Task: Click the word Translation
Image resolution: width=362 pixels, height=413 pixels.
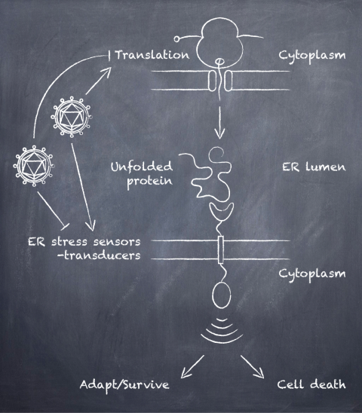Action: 152,55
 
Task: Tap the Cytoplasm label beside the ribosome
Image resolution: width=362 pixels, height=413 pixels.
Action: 312,56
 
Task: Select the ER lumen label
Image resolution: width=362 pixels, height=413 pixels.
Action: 314,167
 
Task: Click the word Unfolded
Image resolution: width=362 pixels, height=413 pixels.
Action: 142,167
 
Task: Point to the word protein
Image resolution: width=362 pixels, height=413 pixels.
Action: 149,182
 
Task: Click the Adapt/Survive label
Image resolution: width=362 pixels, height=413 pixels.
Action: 124,385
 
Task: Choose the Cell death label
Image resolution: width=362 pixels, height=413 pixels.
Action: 311,384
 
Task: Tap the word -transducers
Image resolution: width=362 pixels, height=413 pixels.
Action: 99,255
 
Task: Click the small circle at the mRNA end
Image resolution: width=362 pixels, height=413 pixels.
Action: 176,39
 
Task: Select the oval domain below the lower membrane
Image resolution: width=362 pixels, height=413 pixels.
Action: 222,295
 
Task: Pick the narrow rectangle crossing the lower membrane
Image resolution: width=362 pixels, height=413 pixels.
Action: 221,249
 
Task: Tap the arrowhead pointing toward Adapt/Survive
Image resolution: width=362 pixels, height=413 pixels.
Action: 185,374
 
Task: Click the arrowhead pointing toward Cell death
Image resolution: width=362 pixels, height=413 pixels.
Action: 259,374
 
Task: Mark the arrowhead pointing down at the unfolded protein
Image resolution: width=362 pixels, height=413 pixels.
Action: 219,133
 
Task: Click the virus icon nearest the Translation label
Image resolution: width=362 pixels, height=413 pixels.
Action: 72,117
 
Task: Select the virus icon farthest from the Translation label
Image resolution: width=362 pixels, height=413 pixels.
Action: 34,166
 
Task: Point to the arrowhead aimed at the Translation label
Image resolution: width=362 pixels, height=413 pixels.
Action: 107,72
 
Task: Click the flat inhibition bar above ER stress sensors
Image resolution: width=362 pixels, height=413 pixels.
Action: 65,226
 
